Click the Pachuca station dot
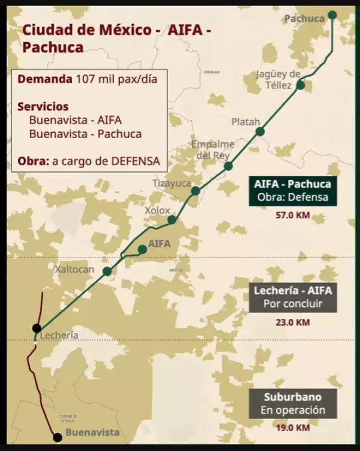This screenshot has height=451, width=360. point(332,15)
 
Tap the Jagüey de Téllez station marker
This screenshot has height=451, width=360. point(301,85)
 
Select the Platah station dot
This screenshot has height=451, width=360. point(259,131)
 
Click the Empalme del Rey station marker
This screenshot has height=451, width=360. point(228,166)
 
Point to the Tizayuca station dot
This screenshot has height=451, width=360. point(195,191)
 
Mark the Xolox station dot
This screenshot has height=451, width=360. point(172,220)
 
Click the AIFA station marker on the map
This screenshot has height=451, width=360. point(142,249)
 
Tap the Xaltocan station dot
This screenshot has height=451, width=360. point(107,271)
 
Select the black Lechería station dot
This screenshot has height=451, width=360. point(37,328)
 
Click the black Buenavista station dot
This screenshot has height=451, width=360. point(57,437)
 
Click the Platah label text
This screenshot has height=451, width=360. point(246,122)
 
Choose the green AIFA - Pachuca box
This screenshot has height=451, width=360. point(293,190)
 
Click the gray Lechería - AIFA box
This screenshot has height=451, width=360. point(293,297)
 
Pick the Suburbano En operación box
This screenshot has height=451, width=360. point(293,404)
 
